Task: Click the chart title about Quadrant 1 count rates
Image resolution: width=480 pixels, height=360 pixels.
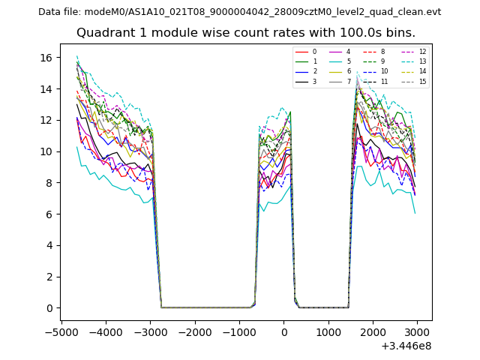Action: [x=246, y=33]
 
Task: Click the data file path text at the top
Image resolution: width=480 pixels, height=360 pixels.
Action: [x=239, y=12]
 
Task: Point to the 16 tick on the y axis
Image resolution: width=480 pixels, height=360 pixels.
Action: [x=46, y=57]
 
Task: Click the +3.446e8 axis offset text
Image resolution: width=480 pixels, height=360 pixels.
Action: [x=406, y=346]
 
